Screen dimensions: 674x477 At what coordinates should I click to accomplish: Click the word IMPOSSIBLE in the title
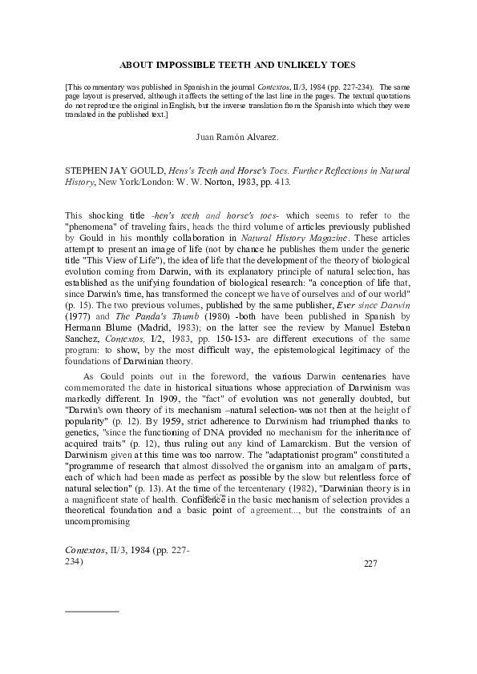coord(186,63)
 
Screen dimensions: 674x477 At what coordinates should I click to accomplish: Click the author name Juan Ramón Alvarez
coord(237,138)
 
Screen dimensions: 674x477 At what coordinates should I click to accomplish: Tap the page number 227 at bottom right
coord(370,564)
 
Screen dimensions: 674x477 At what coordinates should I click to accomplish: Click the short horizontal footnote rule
coord(91,611)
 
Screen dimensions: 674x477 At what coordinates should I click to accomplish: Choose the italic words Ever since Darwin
coord(371,293)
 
